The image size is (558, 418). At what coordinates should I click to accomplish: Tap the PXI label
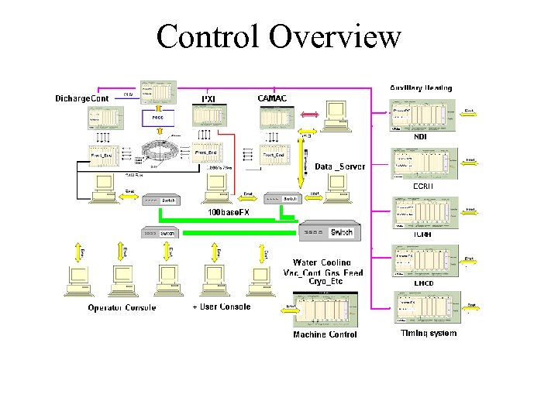208,98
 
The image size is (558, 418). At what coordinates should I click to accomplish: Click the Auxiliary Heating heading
421,88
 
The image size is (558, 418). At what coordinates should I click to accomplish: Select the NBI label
421,136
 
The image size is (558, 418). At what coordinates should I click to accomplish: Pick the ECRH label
422,186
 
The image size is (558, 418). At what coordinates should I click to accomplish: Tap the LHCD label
423,283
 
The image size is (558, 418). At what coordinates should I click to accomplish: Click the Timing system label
429,333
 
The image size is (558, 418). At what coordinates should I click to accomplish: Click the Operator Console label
122,307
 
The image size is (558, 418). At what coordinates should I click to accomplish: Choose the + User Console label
222,307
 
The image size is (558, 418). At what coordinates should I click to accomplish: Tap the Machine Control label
325,334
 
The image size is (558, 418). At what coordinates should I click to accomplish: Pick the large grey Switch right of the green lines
325,231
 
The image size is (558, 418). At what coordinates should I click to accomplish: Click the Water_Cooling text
322,263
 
